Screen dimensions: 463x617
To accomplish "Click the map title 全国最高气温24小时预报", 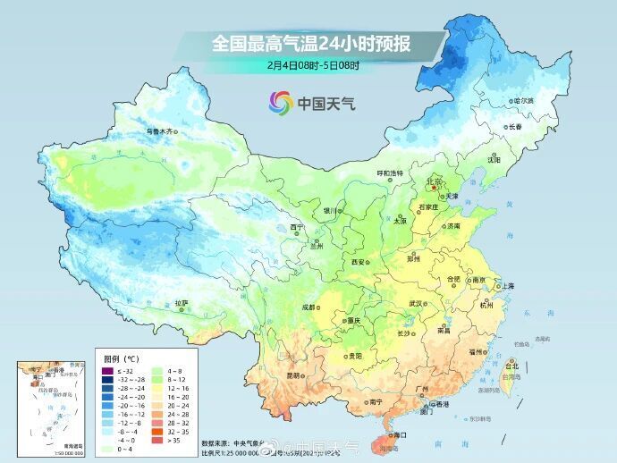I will [x=309, y=42].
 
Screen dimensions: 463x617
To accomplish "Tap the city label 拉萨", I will [x=182, y=303].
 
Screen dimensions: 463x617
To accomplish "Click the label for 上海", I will [x=506, y=285].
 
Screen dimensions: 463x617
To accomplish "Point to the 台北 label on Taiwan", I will [x=511, y=366].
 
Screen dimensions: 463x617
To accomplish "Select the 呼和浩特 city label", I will [x=389, y=173].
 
